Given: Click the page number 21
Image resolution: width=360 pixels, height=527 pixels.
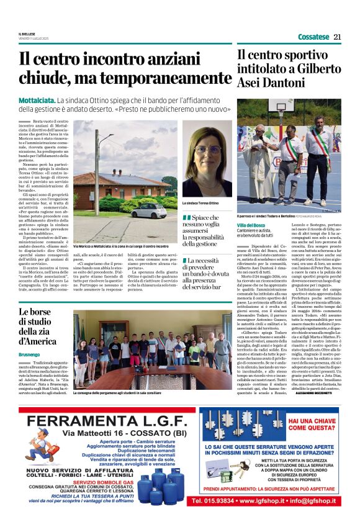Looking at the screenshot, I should pyautogui.click(x=338, y=37).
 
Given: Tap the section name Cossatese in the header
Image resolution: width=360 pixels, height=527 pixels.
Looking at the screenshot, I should pyautogui.click(x=313, y=37).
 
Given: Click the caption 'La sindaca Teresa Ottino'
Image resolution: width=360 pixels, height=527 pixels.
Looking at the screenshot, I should pyautogui.click(x=200, y=203).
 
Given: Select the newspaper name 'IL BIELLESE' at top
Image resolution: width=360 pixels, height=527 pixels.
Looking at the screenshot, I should pyautogui.click(x=27, y=34).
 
